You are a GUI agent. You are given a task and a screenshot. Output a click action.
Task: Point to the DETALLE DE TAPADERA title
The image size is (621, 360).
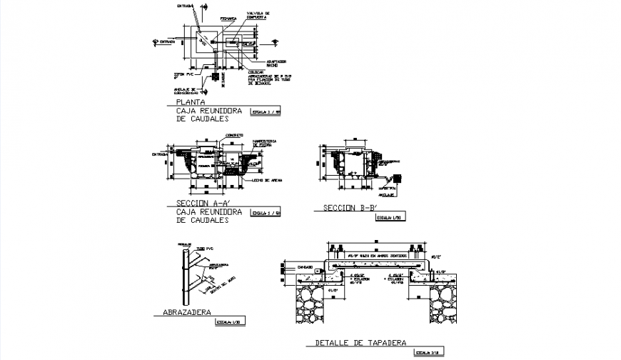click(361, 343)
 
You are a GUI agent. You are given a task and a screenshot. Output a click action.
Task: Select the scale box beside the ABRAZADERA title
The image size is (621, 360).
click(230, 323)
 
